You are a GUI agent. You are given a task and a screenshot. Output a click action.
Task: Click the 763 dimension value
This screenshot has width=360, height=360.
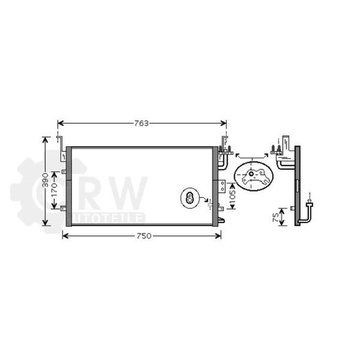(x=141, y=123)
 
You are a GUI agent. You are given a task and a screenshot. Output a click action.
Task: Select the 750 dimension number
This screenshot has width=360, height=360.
(x=144, y=236)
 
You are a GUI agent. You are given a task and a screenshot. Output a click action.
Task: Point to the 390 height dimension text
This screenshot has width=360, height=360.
(x=45, y=180)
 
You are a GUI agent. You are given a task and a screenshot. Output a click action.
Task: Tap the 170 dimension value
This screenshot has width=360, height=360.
(x=54, y=190)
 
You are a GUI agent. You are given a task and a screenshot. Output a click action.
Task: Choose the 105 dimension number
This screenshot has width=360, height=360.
(x=233, y=196)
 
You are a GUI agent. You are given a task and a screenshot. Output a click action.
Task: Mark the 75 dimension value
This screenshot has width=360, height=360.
(x=276, y=217)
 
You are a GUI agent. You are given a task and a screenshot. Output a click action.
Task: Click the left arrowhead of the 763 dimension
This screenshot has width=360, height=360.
(x=60, y=123)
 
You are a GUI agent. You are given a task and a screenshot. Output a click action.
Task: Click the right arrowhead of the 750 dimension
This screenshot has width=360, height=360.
(x=218, y=236)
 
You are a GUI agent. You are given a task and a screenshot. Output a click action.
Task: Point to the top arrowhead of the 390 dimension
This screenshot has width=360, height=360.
(x=45, y=140)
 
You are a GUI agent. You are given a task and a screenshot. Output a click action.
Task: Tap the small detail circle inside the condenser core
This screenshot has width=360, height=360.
(x=190, y=198)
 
